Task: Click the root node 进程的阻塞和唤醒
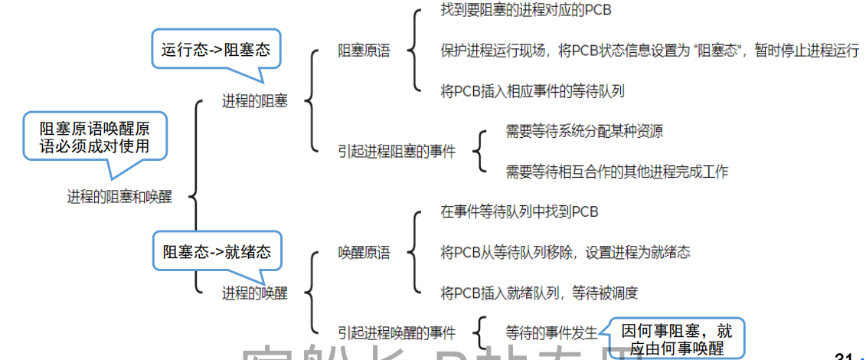click(x=119, y=198)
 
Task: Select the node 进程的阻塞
click(x=255, y=101)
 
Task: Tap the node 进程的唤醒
click(x=255, y=293)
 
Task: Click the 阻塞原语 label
click(x=364, y=51)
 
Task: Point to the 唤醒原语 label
click(x=364, y=252)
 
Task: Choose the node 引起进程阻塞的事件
click(x=397, y=151)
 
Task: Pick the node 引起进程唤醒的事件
click(x=397, y=333)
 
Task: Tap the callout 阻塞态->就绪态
click(x=217, y=252)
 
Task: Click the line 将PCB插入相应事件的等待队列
click(x=532, y=91)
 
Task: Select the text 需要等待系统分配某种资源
click(x=584, y=131)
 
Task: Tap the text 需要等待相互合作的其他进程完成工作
click(x=616, y=172)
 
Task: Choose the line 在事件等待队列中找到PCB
click(x=519, y=211)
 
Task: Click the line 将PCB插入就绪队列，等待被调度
click(x=539, y=293)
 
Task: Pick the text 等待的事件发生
click(x=551, y=333)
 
